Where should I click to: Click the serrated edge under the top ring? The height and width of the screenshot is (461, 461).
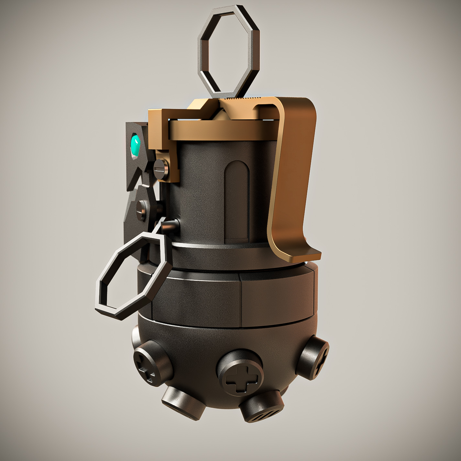(246, 98)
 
